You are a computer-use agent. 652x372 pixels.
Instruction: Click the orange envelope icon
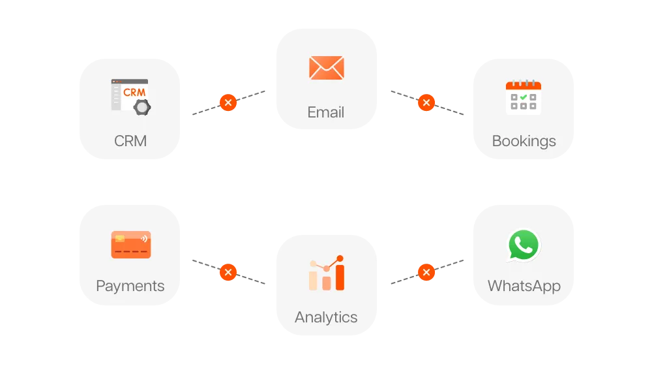click(327, 67)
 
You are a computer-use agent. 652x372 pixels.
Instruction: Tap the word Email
click(326, 112)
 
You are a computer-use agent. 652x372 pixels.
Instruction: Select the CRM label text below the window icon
click(130, 141)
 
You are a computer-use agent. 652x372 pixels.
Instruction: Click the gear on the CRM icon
click(142, 107)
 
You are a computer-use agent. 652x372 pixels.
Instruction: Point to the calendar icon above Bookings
click(524, 97)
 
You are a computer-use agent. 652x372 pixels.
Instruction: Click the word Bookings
click(524, 142)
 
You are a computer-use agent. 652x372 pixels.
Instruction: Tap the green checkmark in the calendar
click(524, 97)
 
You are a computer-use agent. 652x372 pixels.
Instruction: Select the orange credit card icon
click(131, 245)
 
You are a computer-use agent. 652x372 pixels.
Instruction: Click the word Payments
click(130, 287)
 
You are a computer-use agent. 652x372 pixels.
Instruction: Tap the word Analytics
click(326, 317)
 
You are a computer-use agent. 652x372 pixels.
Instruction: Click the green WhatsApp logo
click(524, 245)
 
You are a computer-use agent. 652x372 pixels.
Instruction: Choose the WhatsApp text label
click(524, 287)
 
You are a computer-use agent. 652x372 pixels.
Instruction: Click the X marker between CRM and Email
click(228, 102)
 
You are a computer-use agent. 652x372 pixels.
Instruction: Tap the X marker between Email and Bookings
click(426, 102)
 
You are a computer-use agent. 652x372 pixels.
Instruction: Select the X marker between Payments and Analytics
click(228, 273)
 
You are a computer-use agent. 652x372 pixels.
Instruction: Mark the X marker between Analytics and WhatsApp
click(426, 273)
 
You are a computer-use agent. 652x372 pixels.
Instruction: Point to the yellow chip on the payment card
click(120, 238)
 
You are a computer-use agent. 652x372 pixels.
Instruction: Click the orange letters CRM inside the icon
click(134, 93)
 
